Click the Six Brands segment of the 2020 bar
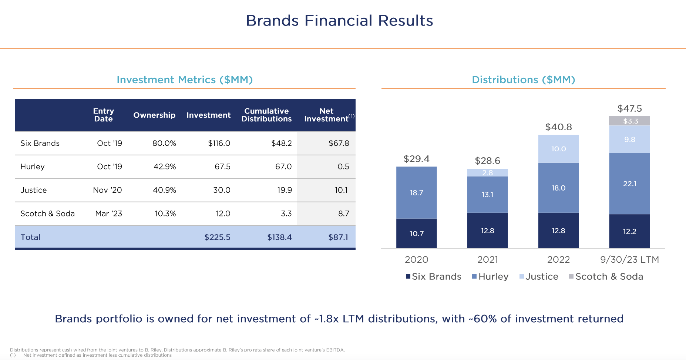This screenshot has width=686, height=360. pyautogui.click(x=416, y=233)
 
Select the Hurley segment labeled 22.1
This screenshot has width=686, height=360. pyautogui.click(x=629, y=184)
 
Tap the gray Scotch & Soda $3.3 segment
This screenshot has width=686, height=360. pyautogui.click(x=629, y=121)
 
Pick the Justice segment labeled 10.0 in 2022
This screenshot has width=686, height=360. pyautogui.click(x=558, y=149)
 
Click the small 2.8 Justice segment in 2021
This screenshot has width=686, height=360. pyautogui.click(x=487, y=173)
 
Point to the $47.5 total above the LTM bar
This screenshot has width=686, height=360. pyautogui.click(x=629, y=108)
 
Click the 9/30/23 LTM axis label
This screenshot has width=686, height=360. pyautogui.click(x=629, y=259)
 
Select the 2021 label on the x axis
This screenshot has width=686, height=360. pyautogui.click(x=487, y=259)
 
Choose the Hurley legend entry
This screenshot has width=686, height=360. pyautogui.click(x=490, y=276)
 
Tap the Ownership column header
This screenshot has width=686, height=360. pyautogui.click(x=154, y=115)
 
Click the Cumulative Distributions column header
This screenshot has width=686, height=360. pyautogui.click(x=266, y=115)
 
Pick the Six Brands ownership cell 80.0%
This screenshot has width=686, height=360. pyautogui.click(x=164, y=143)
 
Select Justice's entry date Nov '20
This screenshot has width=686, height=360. pyautogui.click(x=107, y=190)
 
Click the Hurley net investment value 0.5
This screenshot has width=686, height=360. pyautogui.click(x=343, y=166)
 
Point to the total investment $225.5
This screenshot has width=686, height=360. pyautogui.click(x=217, y=237)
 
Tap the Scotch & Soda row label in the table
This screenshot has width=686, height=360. pyautogui.click(x=47, y=213)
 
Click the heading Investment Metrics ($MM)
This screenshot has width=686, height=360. pyautogui.click(x=185, y=80)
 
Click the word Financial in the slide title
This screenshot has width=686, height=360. pyautogui.click(x=338, y=20)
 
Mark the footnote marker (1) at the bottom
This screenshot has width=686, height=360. pyautogui.click(x=13, y=355)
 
